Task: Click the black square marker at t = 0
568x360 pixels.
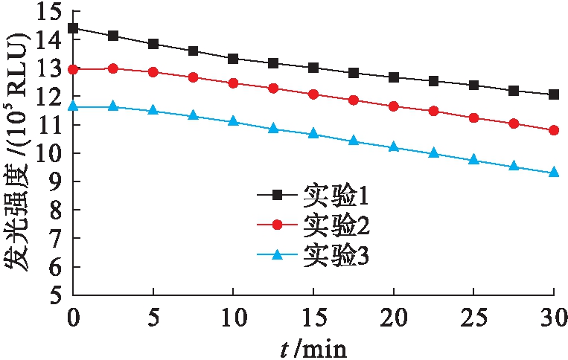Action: tap(73, 28)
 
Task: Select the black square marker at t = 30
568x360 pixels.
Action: tap(554, 94)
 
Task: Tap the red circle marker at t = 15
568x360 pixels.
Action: tap(313, 94)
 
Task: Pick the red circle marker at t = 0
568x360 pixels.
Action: tap(73, 69)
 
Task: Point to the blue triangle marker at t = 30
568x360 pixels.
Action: tap(554, 172)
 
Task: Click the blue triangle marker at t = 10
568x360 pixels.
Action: tap(233, 120)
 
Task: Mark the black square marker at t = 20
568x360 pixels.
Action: tap(394, 77)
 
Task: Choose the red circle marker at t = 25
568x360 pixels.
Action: tap(473, 118)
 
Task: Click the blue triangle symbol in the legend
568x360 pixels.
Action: tap(276, 255)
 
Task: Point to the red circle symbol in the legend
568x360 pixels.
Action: tap(276, 224)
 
